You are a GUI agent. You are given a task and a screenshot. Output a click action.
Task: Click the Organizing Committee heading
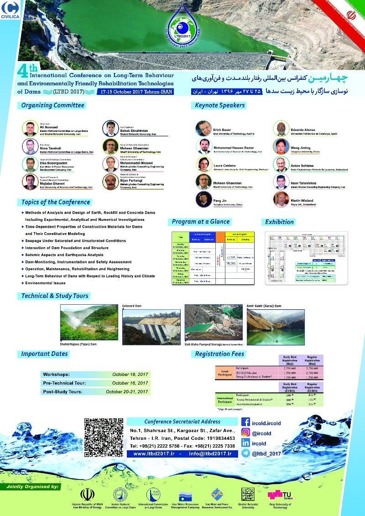53,105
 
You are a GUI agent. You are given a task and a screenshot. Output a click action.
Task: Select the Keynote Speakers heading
219,105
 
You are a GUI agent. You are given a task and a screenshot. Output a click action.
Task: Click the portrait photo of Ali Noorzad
30,129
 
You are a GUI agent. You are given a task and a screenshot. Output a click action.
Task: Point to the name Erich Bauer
222,130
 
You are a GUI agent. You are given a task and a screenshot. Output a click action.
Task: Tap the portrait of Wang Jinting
281,146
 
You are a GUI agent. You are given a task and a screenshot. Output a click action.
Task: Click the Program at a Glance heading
200,222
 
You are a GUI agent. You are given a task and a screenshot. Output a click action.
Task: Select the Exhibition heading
280,222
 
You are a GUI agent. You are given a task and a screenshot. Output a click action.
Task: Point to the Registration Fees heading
219,354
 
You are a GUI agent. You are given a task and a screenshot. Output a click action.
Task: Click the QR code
104,436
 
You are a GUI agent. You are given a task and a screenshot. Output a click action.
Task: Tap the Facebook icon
245,422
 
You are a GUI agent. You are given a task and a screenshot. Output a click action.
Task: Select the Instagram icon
245,433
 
